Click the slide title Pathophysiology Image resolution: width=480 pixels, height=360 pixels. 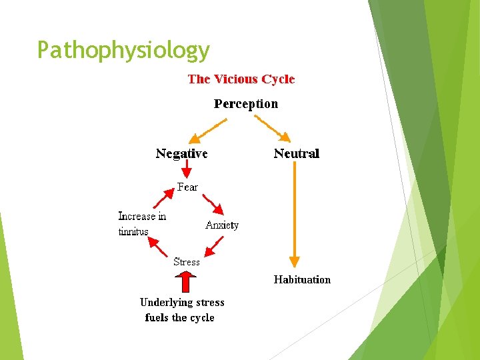pos(123,50)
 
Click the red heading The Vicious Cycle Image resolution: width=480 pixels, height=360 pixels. pos(241,79)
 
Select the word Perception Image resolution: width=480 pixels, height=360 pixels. pos(245,104)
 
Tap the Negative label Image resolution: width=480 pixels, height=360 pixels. pos(181,154)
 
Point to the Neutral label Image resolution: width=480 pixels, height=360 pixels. pos(297,154)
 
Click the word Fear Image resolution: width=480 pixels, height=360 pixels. pos(187,187)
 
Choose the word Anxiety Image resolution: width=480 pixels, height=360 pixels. pos(222,225)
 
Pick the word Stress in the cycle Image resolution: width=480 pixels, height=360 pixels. pos(187,262)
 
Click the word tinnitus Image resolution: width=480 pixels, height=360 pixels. pos(133,231)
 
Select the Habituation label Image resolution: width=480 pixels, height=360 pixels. pos(302,280)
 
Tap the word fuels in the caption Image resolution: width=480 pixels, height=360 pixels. pos(157,318)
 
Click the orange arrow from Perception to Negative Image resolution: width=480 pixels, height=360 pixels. pos(207,131)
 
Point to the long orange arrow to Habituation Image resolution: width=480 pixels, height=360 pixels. pos(295,213)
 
